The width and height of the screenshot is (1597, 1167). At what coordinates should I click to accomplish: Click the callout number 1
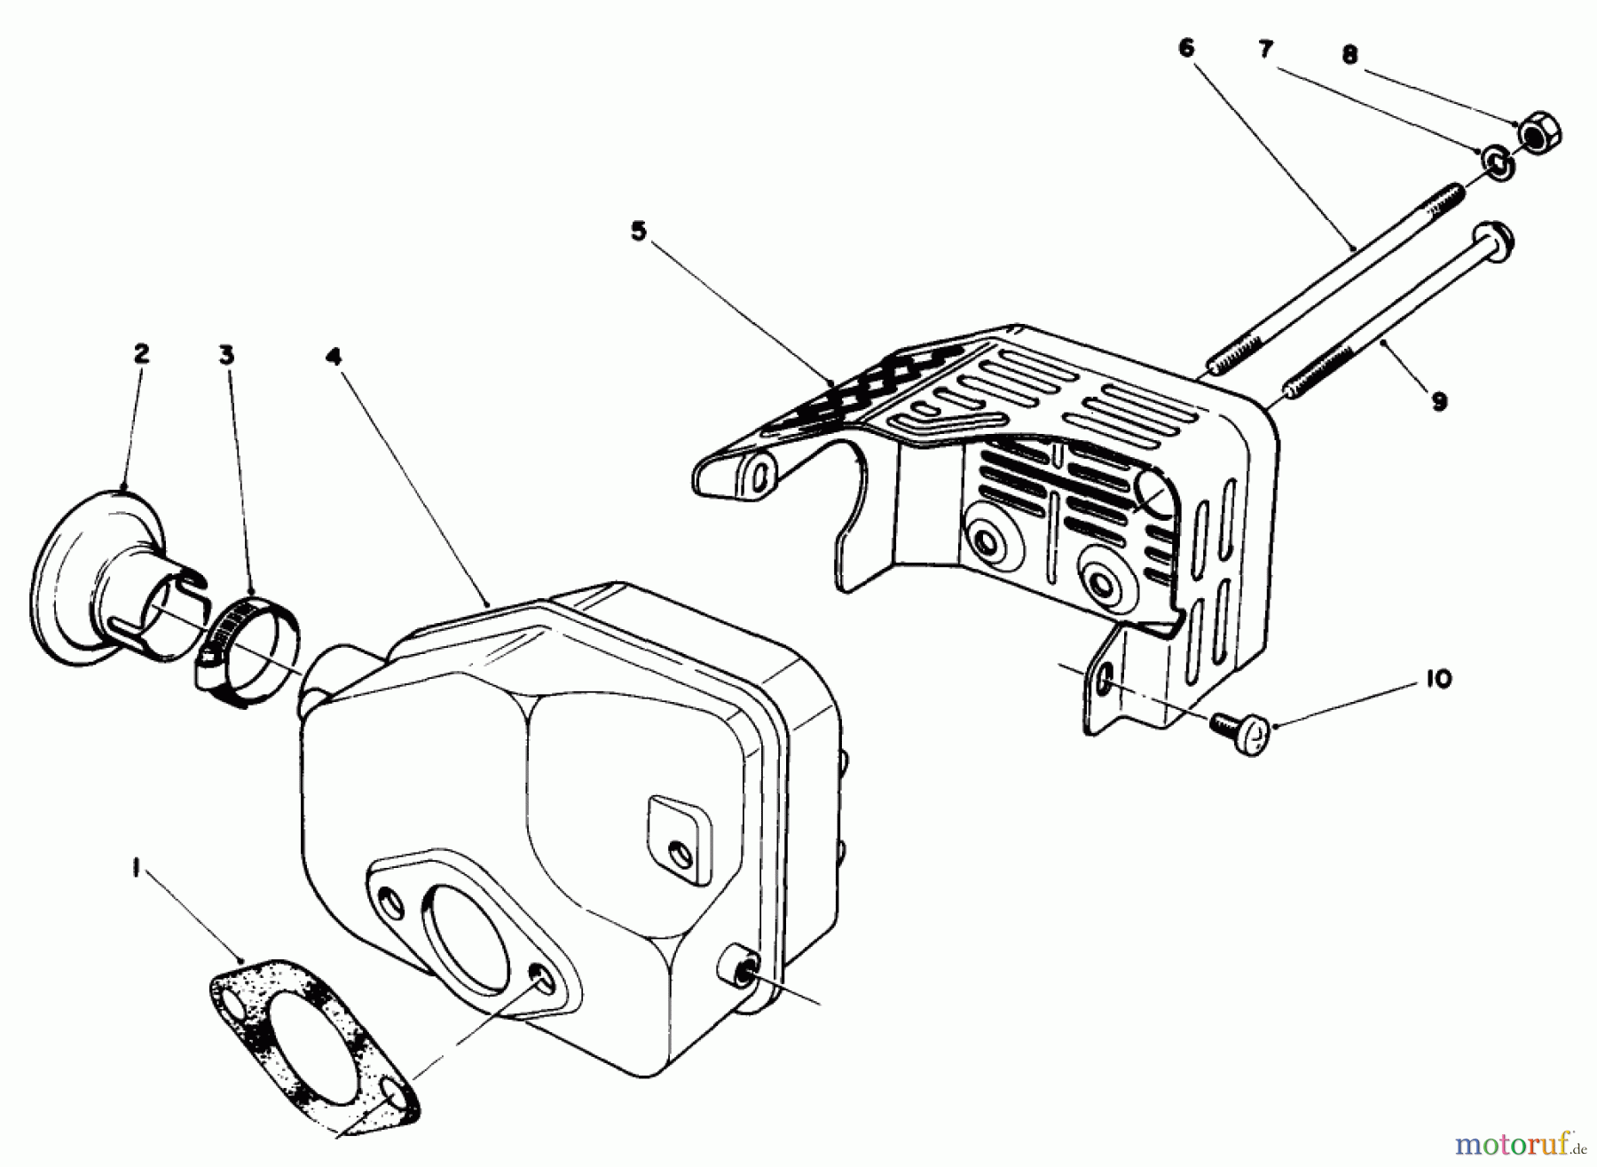tap(136, 871)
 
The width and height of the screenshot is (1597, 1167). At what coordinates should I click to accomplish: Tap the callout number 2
tap(141, 354)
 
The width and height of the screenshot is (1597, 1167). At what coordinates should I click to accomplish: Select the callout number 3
tap(226, 355)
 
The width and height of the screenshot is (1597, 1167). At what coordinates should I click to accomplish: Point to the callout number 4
tap(333, 356)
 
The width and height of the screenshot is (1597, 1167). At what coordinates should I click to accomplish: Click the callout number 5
tap(639, 232)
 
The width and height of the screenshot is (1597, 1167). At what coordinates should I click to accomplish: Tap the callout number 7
tap(1266, 50)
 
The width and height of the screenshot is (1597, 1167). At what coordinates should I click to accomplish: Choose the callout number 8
tap(1349, 55)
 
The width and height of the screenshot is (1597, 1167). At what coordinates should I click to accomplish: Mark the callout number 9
tap(1439, 402)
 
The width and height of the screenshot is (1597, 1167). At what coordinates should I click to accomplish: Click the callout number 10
tap(1439, 679)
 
